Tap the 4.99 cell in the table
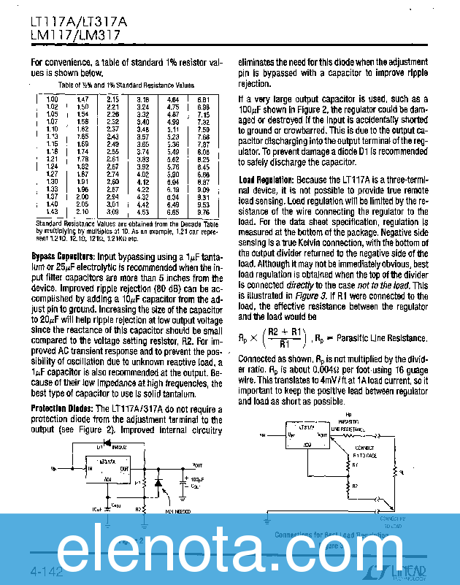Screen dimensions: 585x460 pos(173,122)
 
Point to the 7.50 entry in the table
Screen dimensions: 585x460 pos(204,129)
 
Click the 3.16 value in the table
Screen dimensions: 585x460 pos(143,99)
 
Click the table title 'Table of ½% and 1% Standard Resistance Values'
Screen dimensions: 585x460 pos(126,85)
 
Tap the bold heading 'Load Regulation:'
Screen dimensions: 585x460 pos(267,180)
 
